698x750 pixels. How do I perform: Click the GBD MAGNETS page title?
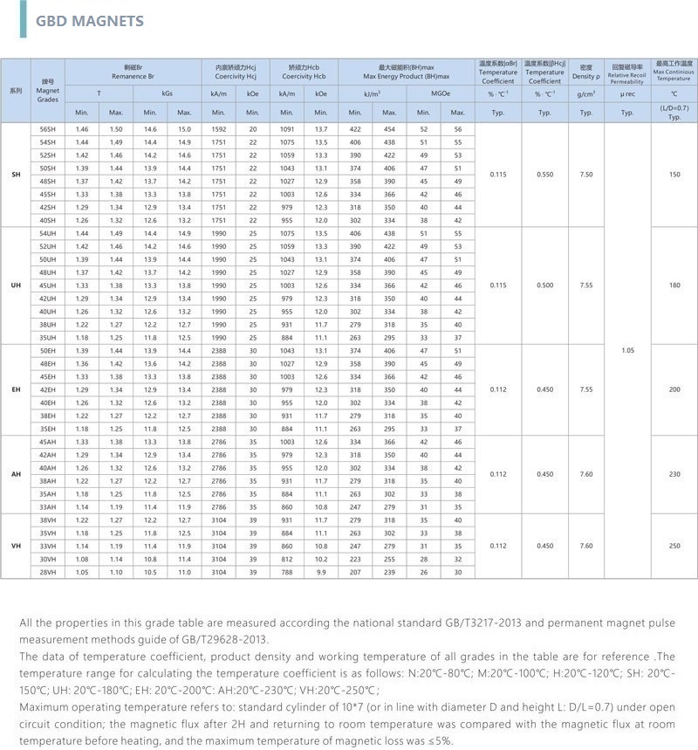pos(90,20)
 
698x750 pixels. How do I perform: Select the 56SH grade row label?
pos(47,129)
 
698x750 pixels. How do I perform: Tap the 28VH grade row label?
pos(47,571)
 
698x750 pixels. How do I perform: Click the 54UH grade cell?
pos(47,234)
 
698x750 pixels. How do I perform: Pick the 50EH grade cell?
pos(47,350)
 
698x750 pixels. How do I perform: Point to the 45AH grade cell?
pos(47,442)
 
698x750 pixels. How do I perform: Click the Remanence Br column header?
pos(133,71)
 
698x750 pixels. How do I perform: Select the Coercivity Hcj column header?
pos(236,71)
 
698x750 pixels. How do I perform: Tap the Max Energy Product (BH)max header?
pos(406,71)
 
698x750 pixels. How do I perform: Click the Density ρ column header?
pos(586,71)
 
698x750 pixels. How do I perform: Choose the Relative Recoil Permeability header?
pos(627,72)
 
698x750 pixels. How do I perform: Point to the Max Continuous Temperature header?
pos(674,71)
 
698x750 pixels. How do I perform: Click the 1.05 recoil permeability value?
pos(627,350)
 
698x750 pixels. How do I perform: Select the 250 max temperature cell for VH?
pos(674,546)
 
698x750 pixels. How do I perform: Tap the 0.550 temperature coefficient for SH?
pos(544,175)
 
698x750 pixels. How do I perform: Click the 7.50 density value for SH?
pos(586,175)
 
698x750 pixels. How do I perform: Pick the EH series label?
pos(16,389)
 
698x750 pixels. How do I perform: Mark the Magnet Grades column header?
pos(47,90)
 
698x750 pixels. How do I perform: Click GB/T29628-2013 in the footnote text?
pos(209,638)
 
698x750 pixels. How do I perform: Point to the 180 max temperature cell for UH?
pos(674,286)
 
